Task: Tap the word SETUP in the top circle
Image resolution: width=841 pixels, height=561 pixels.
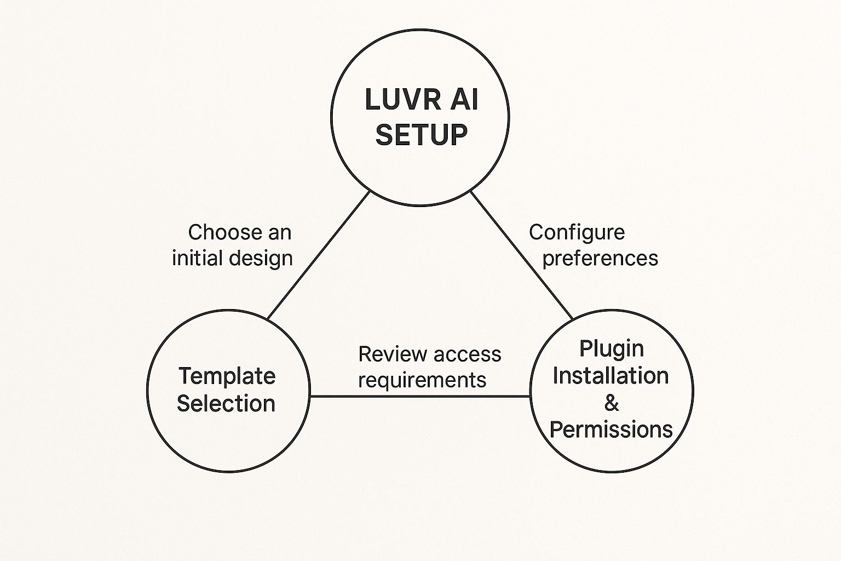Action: pos(421,134)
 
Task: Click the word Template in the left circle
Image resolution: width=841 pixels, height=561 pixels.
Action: pos(227,376)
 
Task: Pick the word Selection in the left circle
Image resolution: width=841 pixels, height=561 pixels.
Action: pos(226,404)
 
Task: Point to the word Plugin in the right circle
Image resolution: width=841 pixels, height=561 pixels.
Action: pos(611,349)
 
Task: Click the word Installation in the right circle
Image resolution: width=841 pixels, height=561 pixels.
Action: pos(610,376)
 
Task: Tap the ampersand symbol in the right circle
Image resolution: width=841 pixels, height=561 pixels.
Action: pos(612,403)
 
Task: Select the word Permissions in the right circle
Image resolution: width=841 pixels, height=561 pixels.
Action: pos(610,430)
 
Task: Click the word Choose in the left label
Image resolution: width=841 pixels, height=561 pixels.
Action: pos(219,232)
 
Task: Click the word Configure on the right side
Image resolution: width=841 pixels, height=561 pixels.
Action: pos(577,232)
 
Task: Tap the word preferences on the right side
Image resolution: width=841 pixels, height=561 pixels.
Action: pos(600,259)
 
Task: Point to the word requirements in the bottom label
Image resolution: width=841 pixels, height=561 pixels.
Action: pos(422,380)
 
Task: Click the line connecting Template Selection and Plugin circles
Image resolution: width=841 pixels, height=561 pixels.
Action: pos(420,396)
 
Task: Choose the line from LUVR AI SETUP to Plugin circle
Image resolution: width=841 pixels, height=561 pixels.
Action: pos(522,255)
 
